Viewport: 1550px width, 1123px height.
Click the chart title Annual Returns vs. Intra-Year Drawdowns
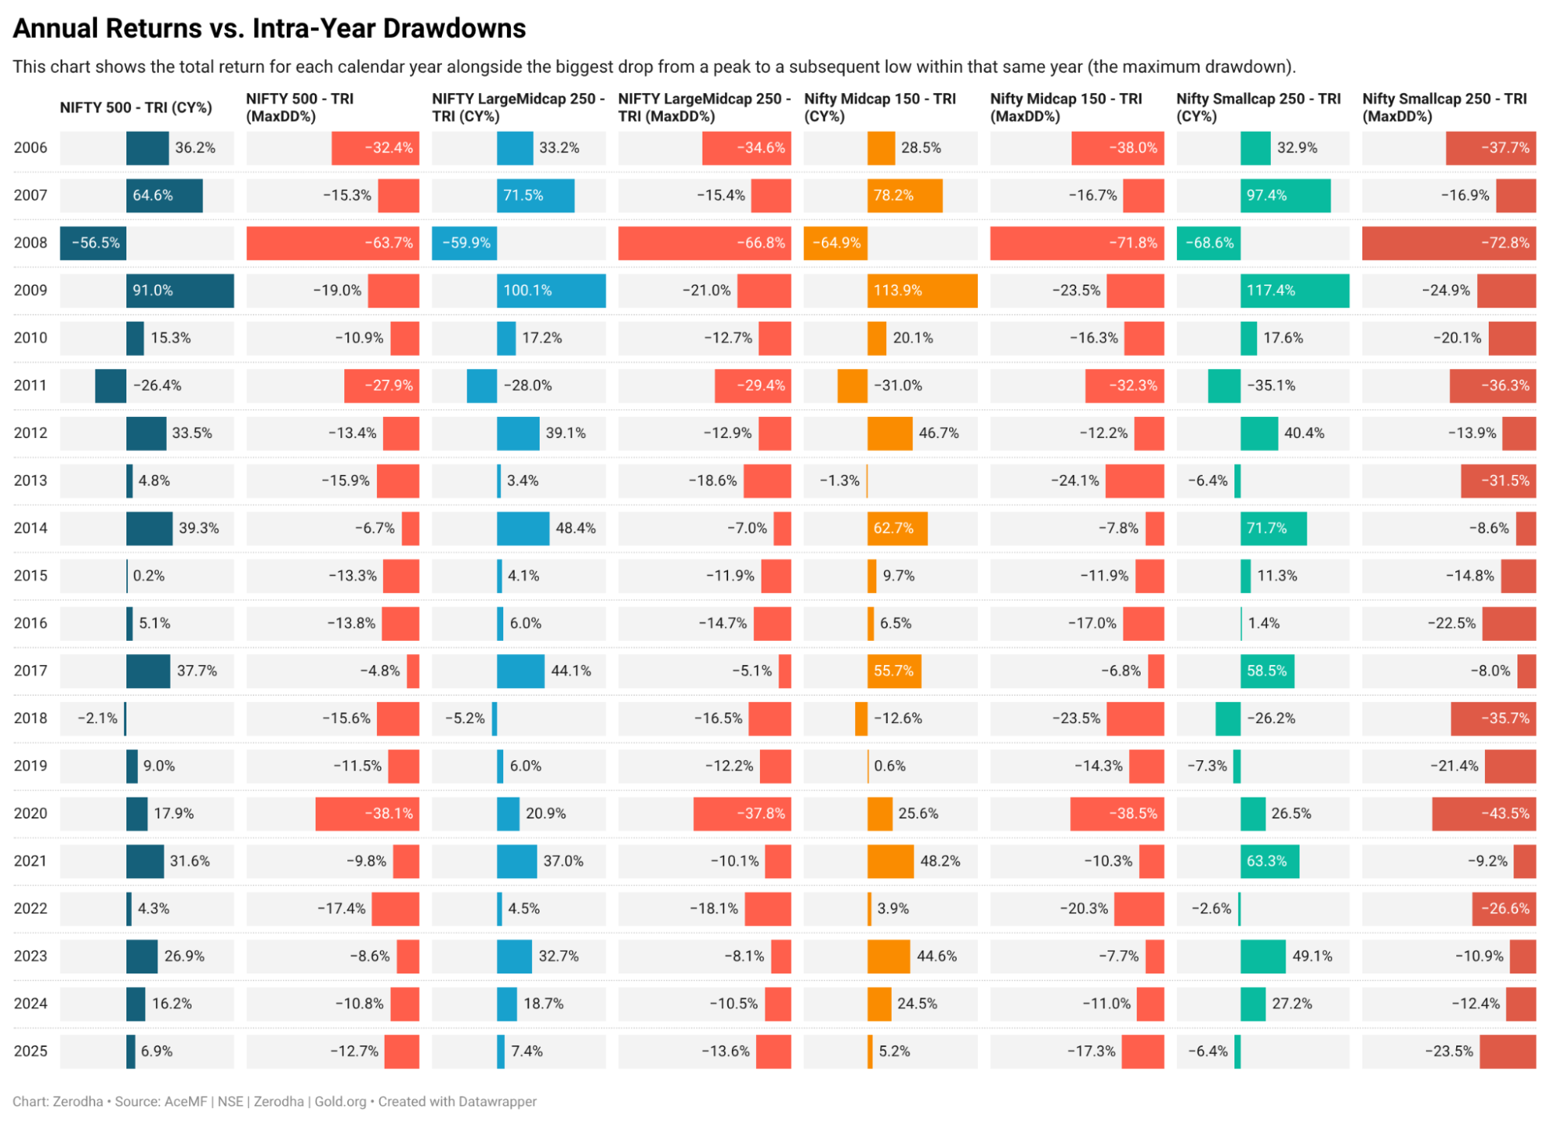(x=269, y=29)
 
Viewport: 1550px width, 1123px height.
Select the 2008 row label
(x=30, y=243)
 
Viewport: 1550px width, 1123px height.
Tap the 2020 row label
(x=30, y=813)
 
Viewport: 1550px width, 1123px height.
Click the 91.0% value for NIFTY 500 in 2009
(x=152, y=291)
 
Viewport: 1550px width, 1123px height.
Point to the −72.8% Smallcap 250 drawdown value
(x=1505, y=243)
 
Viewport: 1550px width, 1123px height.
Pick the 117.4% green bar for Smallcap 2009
(x=1294, y=291)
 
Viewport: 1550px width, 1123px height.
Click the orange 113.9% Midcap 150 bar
(x=922, y=291)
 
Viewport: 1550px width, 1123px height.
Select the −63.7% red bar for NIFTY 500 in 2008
(x=333, y=243)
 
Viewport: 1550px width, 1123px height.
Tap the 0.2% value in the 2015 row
(x=149, y=576)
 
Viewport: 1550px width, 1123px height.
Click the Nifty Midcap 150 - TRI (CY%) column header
(x=879, y=107)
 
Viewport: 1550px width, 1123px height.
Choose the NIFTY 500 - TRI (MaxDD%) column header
(x=299, y=107)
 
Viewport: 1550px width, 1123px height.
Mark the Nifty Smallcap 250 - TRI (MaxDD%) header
(x=1444, y=107)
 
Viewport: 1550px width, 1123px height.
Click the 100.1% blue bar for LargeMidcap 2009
(x=551, y=291)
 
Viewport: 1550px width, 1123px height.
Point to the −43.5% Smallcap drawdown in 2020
(x=1505, y=813)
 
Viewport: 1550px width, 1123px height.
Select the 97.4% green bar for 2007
(x=1285, y=195)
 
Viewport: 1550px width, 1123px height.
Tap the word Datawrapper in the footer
(x=497, y=1101)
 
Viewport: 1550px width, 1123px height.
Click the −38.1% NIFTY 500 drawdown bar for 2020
(x=367, y=813)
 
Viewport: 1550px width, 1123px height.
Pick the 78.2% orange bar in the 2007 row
(x=904, y=195)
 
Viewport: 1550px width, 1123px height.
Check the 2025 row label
(x=30, y=1051)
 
